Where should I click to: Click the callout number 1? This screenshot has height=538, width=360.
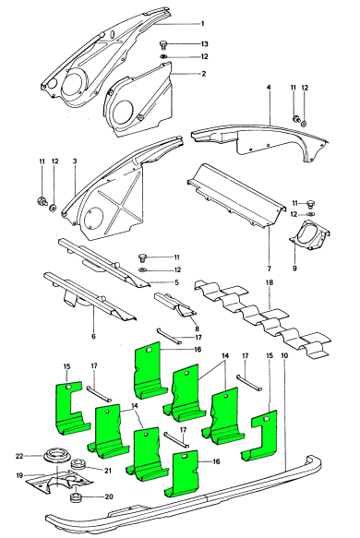[203, 24]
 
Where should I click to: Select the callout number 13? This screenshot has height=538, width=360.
[205, 44]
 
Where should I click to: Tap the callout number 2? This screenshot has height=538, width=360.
[203, 74]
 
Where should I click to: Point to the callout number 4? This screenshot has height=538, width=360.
[269, 88]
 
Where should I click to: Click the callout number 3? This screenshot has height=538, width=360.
[75, 161]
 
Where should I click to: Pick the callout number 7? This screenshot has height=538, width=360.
[269, 268]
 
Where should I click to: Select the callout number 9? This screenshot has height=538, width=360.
[294, 268]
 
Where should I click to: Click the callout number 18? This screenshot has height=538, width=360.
[270, 282]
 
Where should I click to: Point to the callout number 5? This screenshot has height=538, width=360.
[176, 282]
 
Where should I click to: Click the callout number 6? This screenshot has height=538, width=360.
[93, 336]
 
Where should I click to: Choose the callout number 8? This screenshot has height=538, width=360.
[197, 329]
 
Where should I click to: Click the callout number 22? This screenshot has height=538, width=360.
[19, 456]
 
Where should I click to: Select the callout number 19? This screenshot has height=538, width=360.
[19, 475]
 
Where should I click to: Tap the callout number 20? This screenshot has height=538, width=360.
[108, 496]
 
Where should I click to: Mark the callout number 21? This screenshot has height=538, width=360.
[108, 471]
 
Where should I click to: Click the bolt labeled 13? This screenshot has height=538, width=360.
[163, 44]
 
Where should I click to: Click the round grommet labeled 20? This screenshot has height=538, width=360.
[75, 497]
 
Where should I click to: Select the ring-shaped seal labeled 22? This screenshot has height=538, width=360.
[57, 457]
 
